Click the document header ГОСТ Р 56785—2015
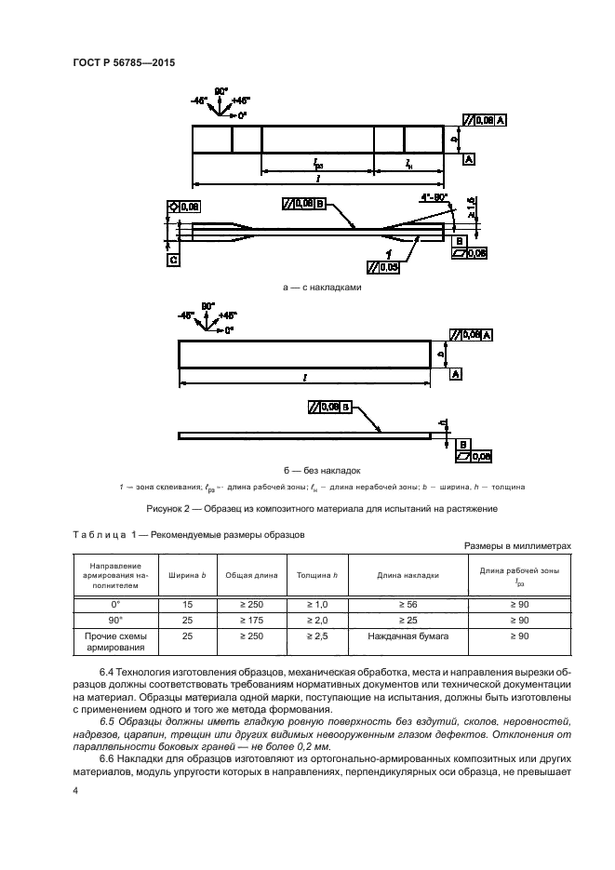click(123, 63)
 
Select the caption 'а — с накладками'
click(321, 288)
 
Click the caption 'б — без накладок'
click(321, 470)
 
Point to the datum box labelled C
click(173, 261)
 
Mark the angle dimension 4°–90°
click(434, 198)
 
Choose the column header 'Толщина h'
click(316, 575)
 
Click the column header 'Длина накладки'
click(408, 575)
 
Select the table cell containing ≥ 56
click(408, 604)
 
